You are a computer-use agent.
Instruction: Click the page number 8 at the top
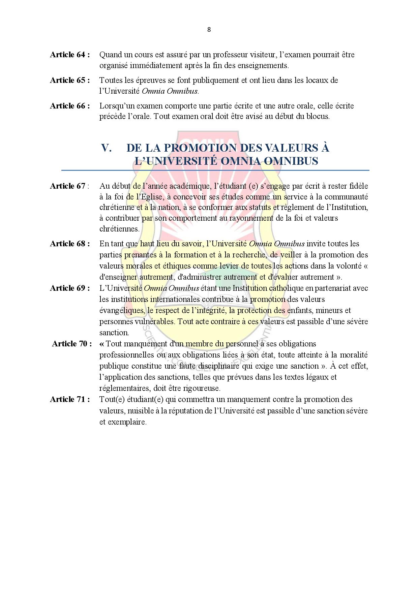[x=209, y=30]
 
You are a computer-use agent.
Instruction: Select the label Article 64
[x=70, y=55]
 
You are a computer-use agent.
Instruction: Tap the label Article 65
[x=70, y=80]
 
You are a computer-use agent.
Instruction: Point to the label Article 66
[x=70, y=106]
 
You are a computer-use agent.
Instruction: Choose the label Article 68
[x=70, y=244]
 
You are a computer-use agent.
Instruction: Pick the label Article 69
[x=70, y=288]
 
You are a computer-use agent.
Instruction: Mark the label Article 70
[x=71, y=344]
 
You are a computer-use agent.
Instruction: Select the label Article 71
[x=70, y=399]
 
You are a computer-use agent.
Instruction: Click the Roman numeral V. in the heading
[x=107, y=148]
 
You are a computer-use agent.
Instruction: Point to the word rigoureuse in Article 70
[x=202, y=388]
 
